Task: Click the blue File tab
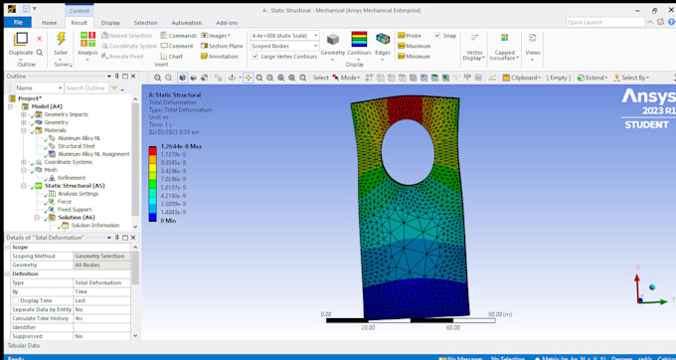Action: [17, 22]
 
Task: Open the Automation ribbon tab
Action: [186, 22]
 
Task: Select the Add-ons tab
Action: [227, 22]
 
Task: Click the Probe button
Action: [412, 36]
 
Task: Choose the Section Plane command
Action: [223, 46]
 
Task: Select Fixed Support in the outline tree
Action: [77, 210]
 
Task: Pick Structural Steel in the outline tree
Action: [76, 146]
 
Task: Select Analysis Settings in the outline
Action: [78, 194]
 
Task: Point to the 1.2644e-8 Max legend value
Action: [181, 146]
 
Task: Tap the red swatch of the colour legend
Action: [153, 151]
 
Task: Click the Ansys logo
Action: [646, 97]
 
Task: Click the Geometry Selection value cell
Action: [99, 256]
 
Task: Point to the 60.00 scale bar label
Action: [452, 327]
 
